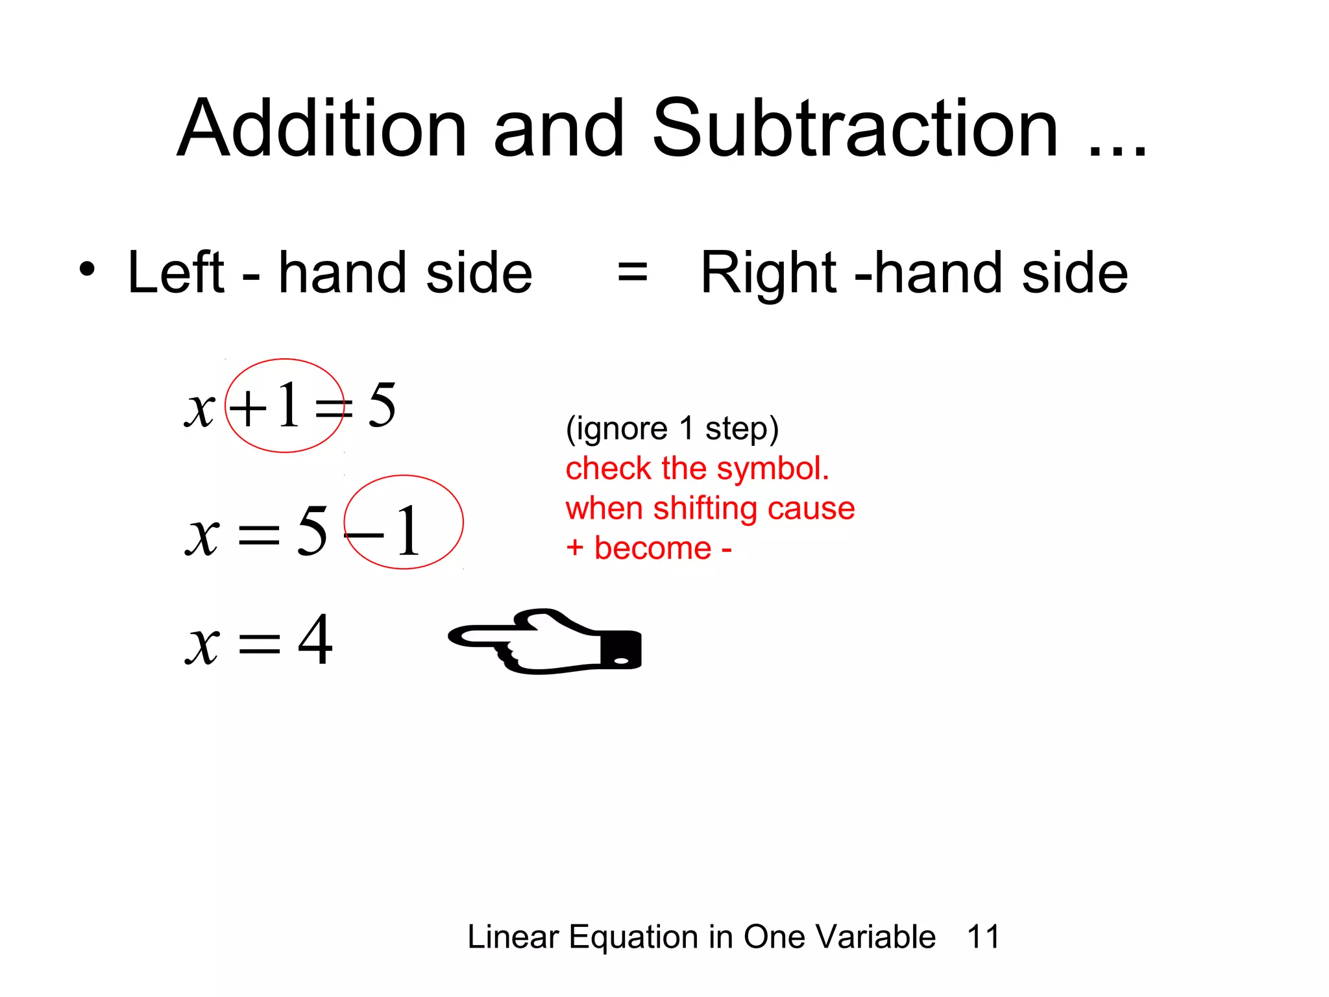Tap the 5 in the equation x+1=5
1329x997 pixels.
click(382, 406)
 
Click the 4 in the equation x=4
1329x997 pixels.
click(315, 640)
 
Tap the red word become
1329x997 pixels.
click(652, 548)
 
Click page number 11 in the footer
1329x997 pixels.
click(983, 937)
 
